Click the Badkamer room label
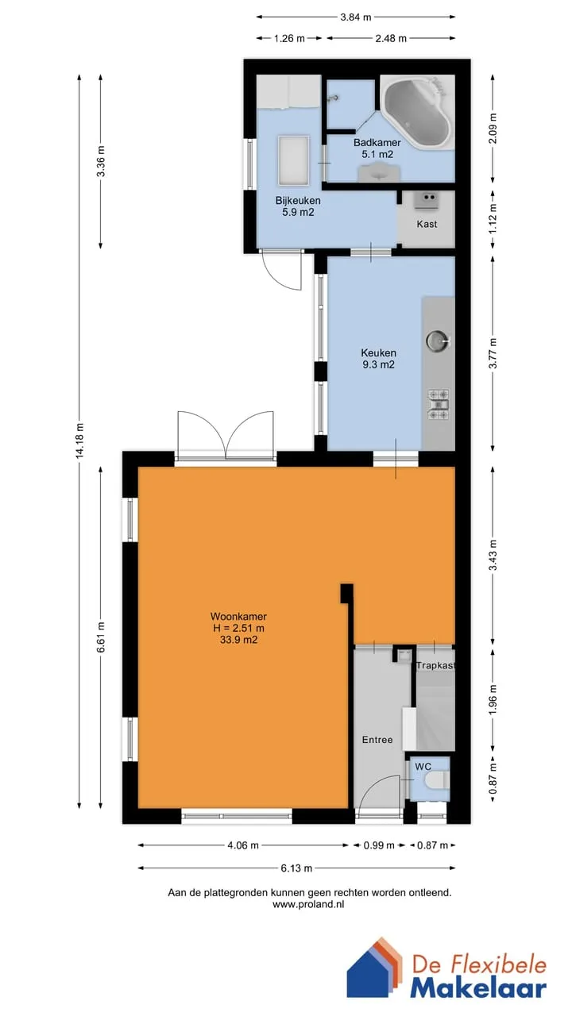point(377,142)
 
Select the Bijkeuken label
point(298,201)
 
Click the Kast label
point(427,224)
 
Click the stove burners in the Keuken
point(438,404)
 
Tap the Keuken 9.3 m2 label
point(379,359)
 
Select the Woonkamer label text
point(238,617)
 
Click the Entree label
point(377,740)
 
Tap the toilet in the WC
point(437,780)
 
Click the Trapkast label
point(435,665)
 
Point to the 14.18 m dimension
point(80,441)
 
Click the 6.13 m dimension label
point(296,868)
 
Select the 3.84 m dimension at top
point(356,17)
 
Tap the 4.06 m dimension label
point(243,845)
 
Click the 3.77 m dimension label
point(493,353)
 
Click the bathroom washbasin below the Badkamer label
point(380,173)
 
